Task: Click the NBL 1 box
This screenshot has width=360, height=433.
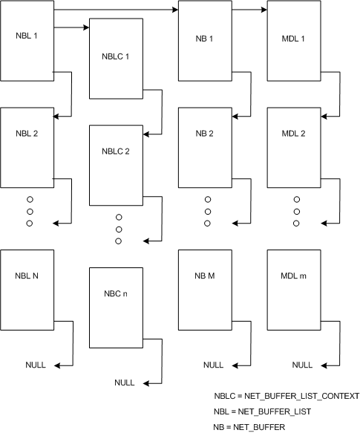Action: click(27, 40)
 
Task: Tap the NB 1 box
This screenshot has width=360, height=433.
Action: click(205, 40)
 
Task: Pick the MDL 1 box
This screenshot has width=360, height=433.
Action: click(292, 40)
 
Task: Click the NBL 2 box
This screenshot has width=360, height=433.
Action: click(27, 147)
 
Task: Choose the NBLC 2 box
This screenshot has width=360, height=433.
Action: click(116, 165)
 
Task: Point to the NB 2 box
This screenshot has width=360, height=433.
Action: click(205, 147)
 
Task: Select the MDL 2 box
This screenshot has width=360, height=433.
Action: click(292, 147)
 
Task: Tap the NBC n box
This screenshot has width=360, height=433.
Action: click(116, 307)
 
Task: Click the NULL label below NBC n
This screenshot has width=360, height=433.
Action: click(125, 382)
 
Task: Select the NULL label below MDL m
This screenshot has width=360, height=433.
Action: click(302, 365)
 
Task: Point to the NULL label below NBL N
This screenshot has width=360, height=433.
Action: click(35, 365)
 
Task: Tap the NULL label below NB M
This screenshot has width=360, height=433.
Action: click(213, 365)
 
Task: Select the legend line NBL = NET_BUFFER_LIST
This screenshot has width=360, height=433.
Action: click(262, 411)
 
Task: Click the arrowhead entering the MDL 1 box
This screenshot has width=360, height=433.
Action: click(264, 10)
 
